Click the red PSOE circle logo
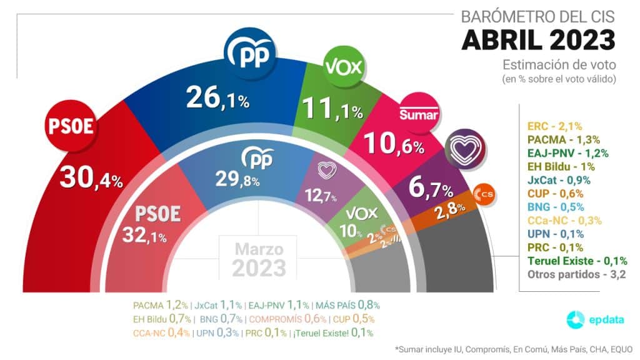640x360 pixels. (x=71, y=127)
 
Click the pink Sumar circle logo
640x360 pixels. (x=419, y=113)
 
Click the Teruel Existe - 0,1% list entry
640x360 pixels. (x=577, y=261)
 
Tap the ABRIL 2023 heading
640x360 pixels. (x=538, y=39)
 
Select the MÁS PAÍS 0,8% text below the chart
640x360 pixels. (x=347, y=305)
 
